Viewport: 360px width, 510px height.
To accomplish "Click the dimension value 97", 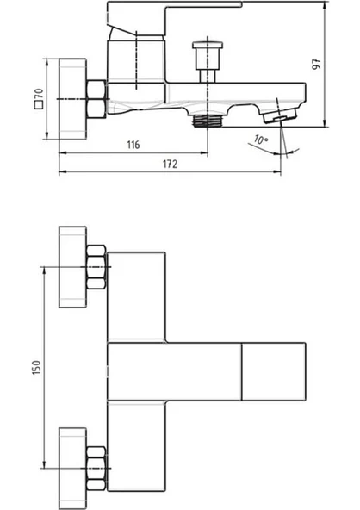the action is point(316,64).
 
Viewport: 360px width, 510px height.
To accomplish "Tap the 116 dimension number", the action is point(133,145).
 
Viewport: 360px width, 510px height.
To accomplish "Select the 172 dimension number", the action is point(170,164).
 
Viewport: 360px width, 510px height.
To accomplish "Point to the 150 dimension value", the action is point(37,367).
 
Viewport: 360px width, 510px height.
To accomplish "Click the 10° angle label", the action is point(261,140).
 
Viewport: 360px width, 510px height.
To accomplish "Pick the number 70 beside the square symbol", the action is point(39,94).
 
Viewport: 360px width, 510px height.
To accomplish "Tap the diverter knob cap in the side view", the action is point(208,45).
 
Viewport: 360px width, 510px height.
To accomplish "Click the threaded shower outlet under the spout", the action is point(208,121).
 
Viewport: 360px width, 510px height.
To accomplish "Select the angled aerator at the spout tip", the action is point(280,115).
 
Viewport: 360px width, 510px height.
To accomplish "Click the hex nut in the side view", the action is point(96,99).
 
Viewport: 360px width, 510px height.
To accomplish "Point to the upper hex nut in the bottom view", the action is point(96,267).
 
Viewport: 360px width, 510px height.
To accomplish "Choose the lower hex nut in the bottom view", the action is point(96,469).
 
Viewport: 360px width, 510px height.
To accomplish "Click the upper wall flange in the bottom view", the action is point(72,267).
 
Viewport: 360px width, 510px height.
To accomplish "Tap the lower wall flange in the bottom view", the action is point(72,469).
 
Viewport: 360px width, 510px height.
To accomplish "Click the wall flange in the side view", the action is point(72,99).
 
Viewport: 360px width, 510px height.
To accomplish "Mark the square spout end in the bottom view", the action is point(274,371).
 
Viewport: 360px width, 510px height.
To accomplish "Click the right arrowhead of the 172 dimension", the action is point(278,171).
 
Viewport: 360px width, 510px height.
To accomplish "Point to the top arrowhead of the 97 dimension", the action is point(325,5).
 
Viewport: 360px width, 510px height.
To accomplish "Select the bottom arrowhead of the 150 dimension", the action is point(44,464).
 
